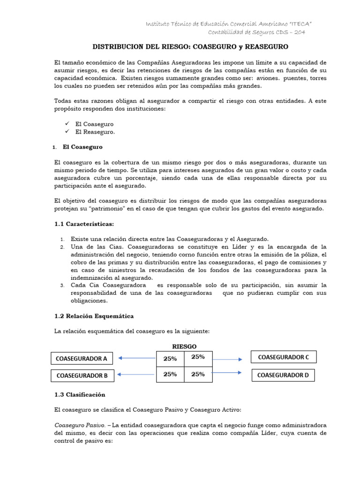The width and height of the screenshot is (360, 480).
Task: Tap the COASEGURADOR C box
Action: [284, 357]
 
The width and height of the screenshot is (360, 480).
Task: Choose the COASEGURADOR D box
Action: [283, 375]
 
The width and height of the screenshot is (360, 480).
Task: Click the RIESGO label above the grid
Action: [184, 346]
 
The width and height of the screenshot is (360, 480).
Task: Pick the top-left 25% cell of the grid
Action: [170, 359]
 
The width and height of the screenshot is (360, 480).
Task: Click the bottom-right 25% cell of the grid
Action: [198, 374]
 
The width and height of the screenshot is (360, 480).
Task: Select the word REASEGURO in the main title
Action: [265, 47]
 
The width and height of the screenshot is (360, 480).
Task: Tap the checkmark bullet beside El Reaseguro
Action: [67, 132]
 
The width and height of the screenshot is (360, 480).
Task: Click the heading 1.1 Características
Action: [84, 224]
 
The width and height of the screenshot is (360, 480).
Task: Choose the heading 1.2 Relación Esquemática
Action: [94, 316]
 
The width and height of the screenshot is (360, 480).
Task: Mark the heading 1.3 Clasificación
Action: [80, 394]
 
